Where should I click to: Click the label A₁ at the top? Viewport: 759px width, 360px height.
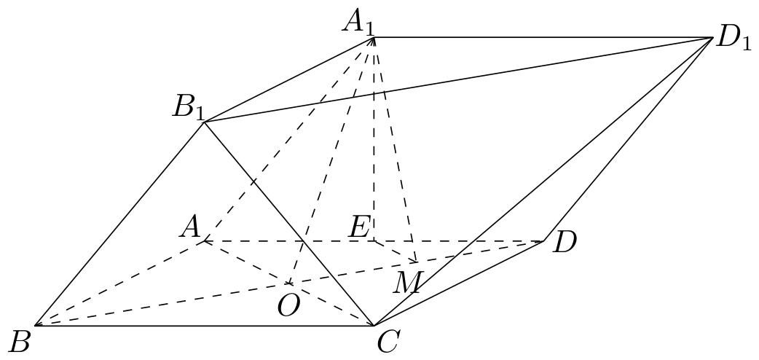(358, 23)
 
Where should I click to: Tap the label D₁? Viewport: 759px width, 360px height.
(734, 39)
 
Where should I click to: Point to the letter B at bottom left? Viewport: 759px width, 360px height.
(20, 342)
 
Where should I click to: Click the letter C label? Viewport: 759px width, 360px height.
(388, 342)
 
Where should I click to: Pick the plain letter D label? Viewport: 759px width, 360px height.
(565, 242)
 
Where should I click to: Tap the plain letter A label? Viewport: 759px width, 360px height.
(189, 227)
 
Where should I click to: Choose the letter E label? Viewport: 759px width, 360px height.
(360, 227)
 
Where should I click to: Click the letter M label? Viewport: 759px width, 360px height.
(408, 283)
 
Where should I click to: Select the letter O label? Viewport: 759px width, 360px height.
(288, 306)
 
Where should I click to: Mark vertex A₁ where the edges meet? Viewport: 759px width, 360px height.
(374, 37)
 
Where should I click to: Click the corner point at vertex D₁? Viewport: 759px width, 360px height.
(713, 37)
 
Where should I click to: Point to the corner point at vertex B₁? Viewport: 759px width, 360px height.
(204, 122)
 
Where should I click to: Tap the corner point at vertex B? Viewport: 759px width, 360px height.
(35, 325)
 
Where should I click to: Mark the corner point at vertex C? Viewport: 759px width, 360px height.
(374, 325)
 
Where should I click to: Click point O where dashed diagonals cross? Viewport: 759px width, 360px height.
(289, 283)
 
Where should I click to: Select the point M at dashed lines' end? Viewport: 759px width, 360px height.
(417, 262)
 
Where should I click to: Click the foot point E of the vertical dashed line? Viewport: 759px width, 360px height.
(374, 240)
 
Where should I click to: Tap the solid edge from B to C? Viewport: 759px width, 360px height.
(204, 325)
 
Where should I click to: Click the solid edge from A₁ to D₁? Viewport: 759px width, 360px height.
(543, 37)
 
